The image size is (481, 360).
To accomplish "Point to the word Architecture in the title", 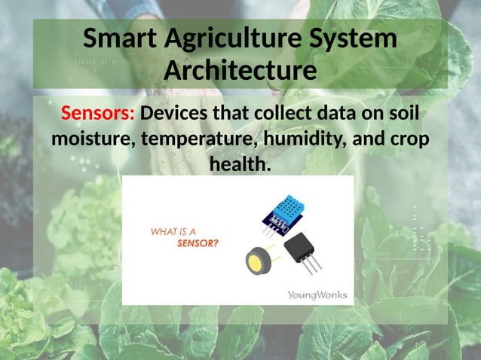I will click(x=240, y=71).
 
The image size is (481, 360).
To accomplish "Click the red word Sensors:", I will click(x=98, y=114).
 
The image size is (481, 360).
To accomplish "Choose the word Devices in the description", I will click(x=178, y=114).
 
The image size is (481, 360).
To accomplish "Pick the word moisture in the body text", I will click(x=87, y=139).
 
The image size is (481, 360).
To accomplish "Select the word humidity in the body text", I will click(x=298, y=139).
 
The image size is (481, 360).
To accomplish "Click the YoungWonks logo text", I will click(x=317, y=294).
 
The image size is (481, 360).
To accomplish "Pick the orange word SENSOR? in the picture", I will click(x=198, y=243).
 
